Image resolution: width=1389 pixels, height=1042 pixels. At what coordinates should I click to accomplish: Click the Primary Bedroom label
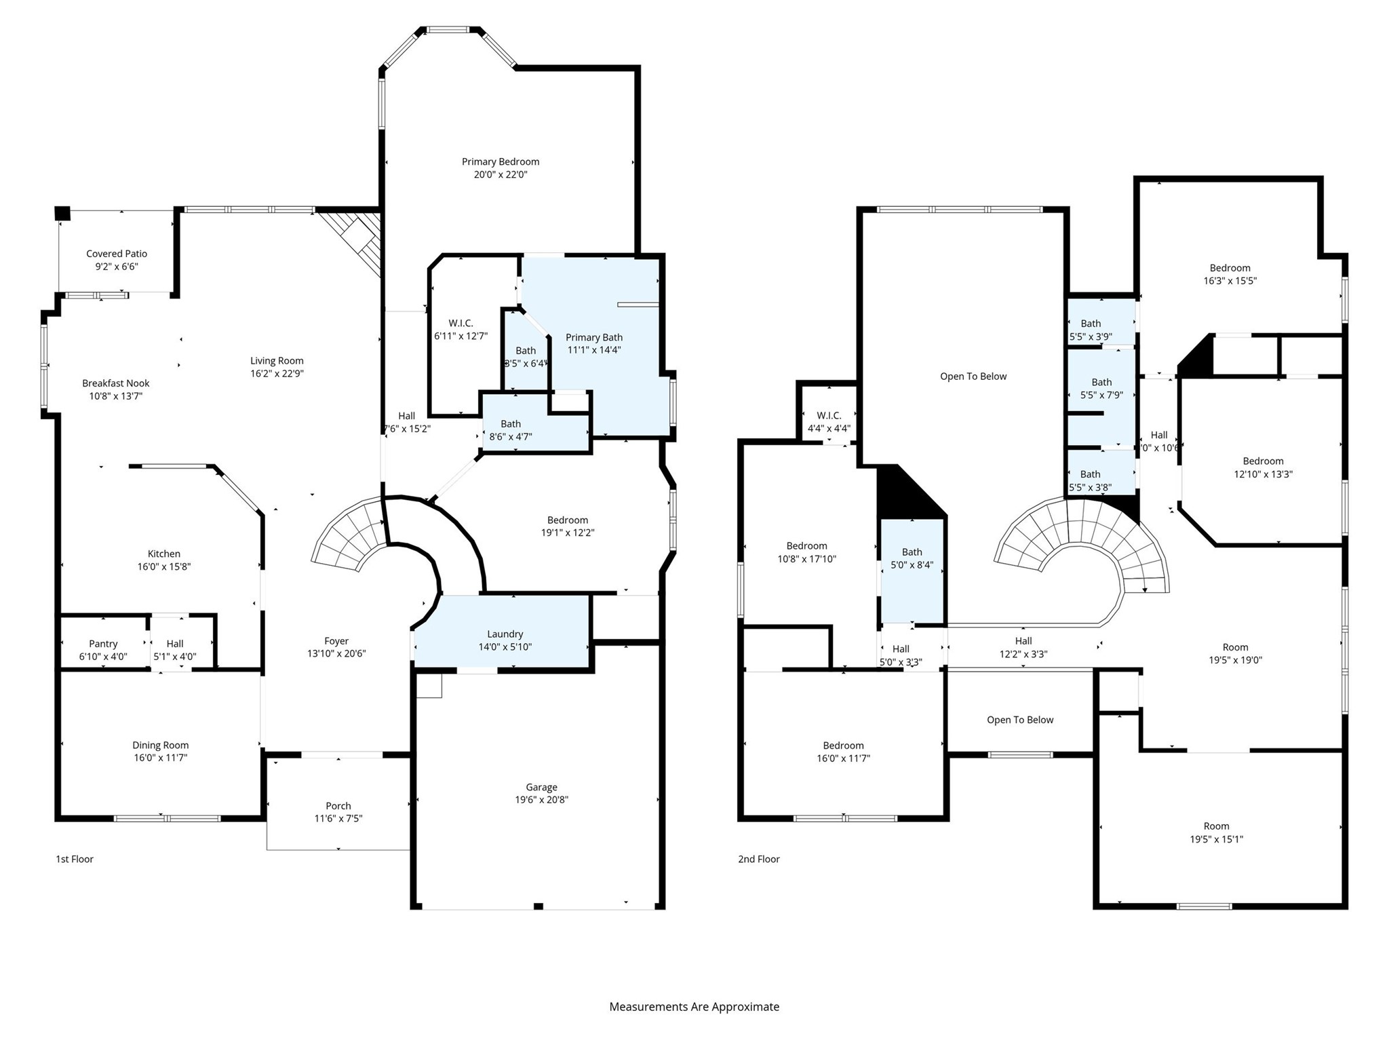tap(501, 161)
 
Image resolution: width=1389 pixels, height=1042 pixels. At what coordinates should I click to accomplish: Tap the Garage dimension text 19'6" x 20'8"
tap(541, 800)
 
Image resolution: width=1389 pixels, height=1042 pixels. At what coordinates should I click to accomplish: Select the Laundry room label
tap(505, 634)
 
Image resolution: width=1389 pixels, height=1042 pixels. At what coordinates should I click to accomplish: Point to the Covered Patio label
tap(117, 254)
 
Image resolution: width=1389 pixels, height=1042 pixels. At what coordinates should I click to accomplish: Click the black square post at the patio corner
tap(62, 213)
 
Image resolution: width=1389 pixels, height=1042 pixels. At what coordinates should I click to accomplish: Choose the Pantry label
tap(103, 644)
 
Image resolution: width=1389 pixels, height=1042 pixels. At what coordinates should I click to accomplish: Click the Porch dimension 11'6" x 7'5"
tap(338, 819)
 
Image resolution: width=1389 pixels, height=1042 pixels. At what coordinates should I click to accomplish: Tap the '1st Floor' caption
tap(75, 859)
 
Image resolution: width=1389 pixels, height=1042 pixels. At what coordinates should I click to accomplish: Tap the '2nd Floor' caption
tap(759, 859)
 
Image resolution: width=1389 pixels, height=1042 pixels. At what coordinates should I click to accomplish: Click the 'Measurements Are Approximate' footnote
tap(694, 1007)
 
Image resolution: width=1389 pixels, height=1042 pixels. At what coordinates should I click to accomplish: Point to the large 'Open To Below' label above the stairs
tap(973, 377)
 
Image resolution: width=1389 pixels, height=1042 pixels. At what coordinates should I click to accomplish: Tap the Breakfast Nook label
tap(116, 383)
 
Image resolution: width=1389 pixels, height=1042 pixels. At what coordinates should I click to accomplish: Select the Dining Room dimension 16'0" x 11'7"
tap(160, 758)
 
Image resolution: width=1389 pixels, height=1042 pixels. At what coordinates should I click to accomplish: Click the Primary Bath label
tap(593, 337)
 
